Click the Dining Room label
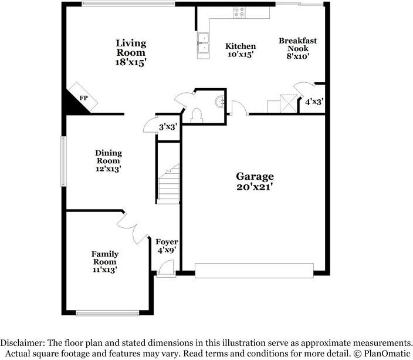click(x=108, y=157)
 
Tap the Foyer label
click(x=166, y=242)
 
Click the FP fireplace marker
click(x=83, y=97)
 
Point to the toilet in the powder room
click(x=197, y=113)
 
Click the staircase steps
click(x=168, y=183)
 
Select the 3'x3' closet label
click(x=168, y=127)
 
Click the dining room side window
click(x=64, y=162)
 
